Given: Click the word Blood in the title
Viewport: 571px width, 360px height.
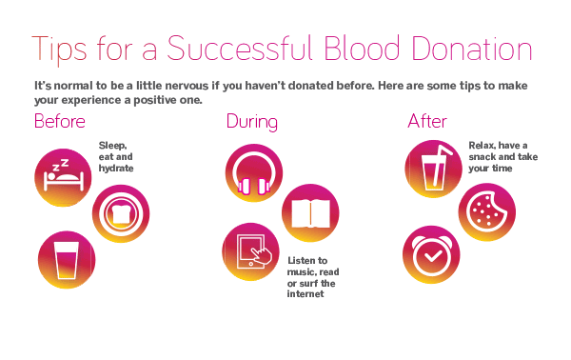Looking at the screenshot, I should (x=361, y=50).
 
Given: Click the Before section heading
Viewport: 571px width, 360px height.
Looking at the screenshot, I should (x=60, y=122).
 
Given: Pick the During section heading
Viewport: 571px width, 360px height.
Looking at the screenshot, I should (x=252, y=122).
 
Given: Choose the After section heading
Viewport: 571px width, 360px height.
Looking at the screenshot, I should (x=426, y=122).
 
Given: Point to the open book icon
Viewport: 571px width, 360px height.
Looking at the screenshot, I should (x=310, y=211).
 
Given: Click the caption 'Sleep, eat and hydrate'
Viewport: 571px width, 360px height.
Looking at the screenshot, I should (x=117, y=156).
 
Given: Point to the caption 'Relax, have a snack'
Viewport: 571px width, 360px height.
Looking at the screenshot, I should (x=502, y=156).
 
